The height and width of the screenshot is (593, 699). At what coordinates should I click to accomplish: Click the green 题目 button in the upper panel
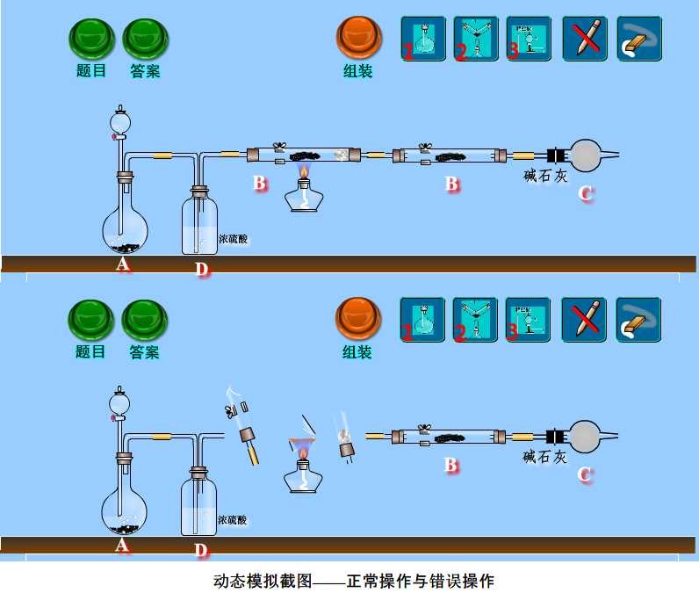coord(91,38)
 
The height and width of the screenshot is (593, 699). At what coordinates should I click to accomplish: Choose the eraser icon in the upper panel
coord(639,39)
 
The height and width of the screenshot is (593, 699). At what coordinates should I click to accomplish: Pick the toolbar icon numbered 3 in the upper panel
coord(529,39)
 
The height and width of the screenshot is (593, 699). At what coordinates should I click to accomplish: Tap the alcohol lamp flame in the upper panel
coord(305,169)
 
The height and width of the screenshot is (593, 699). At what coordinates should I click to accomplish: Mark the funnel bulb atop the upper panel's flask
coord(119,118)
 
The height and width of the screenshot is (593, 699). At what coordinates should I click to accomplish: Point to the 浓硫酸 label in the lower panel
coord(232,520)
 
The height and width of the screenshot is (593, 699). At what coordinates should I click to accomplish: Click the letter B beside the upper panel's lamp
coord(260,184)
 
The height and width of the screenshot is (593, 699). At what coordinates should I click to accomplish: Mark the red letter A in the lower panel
coord(123,546)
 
